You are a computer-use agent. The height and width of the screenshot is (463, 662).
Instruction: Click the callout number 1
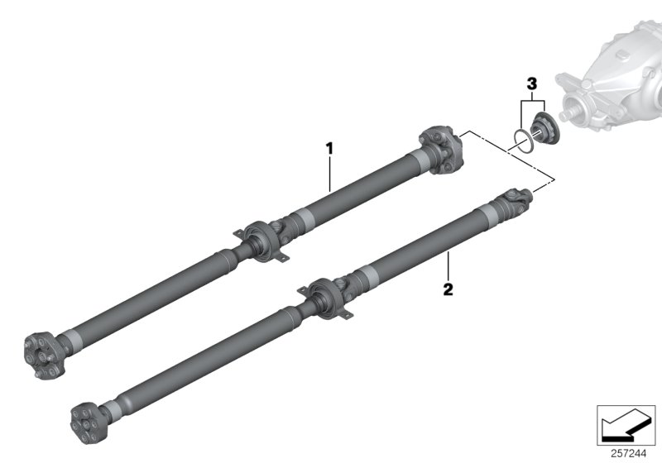(329, 149)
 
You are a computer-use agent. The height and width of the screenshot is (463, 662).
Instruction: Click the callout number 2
(448, 289)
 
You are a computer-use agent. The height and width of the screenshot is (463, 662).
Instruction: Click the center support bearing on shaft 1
(261, 239)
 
